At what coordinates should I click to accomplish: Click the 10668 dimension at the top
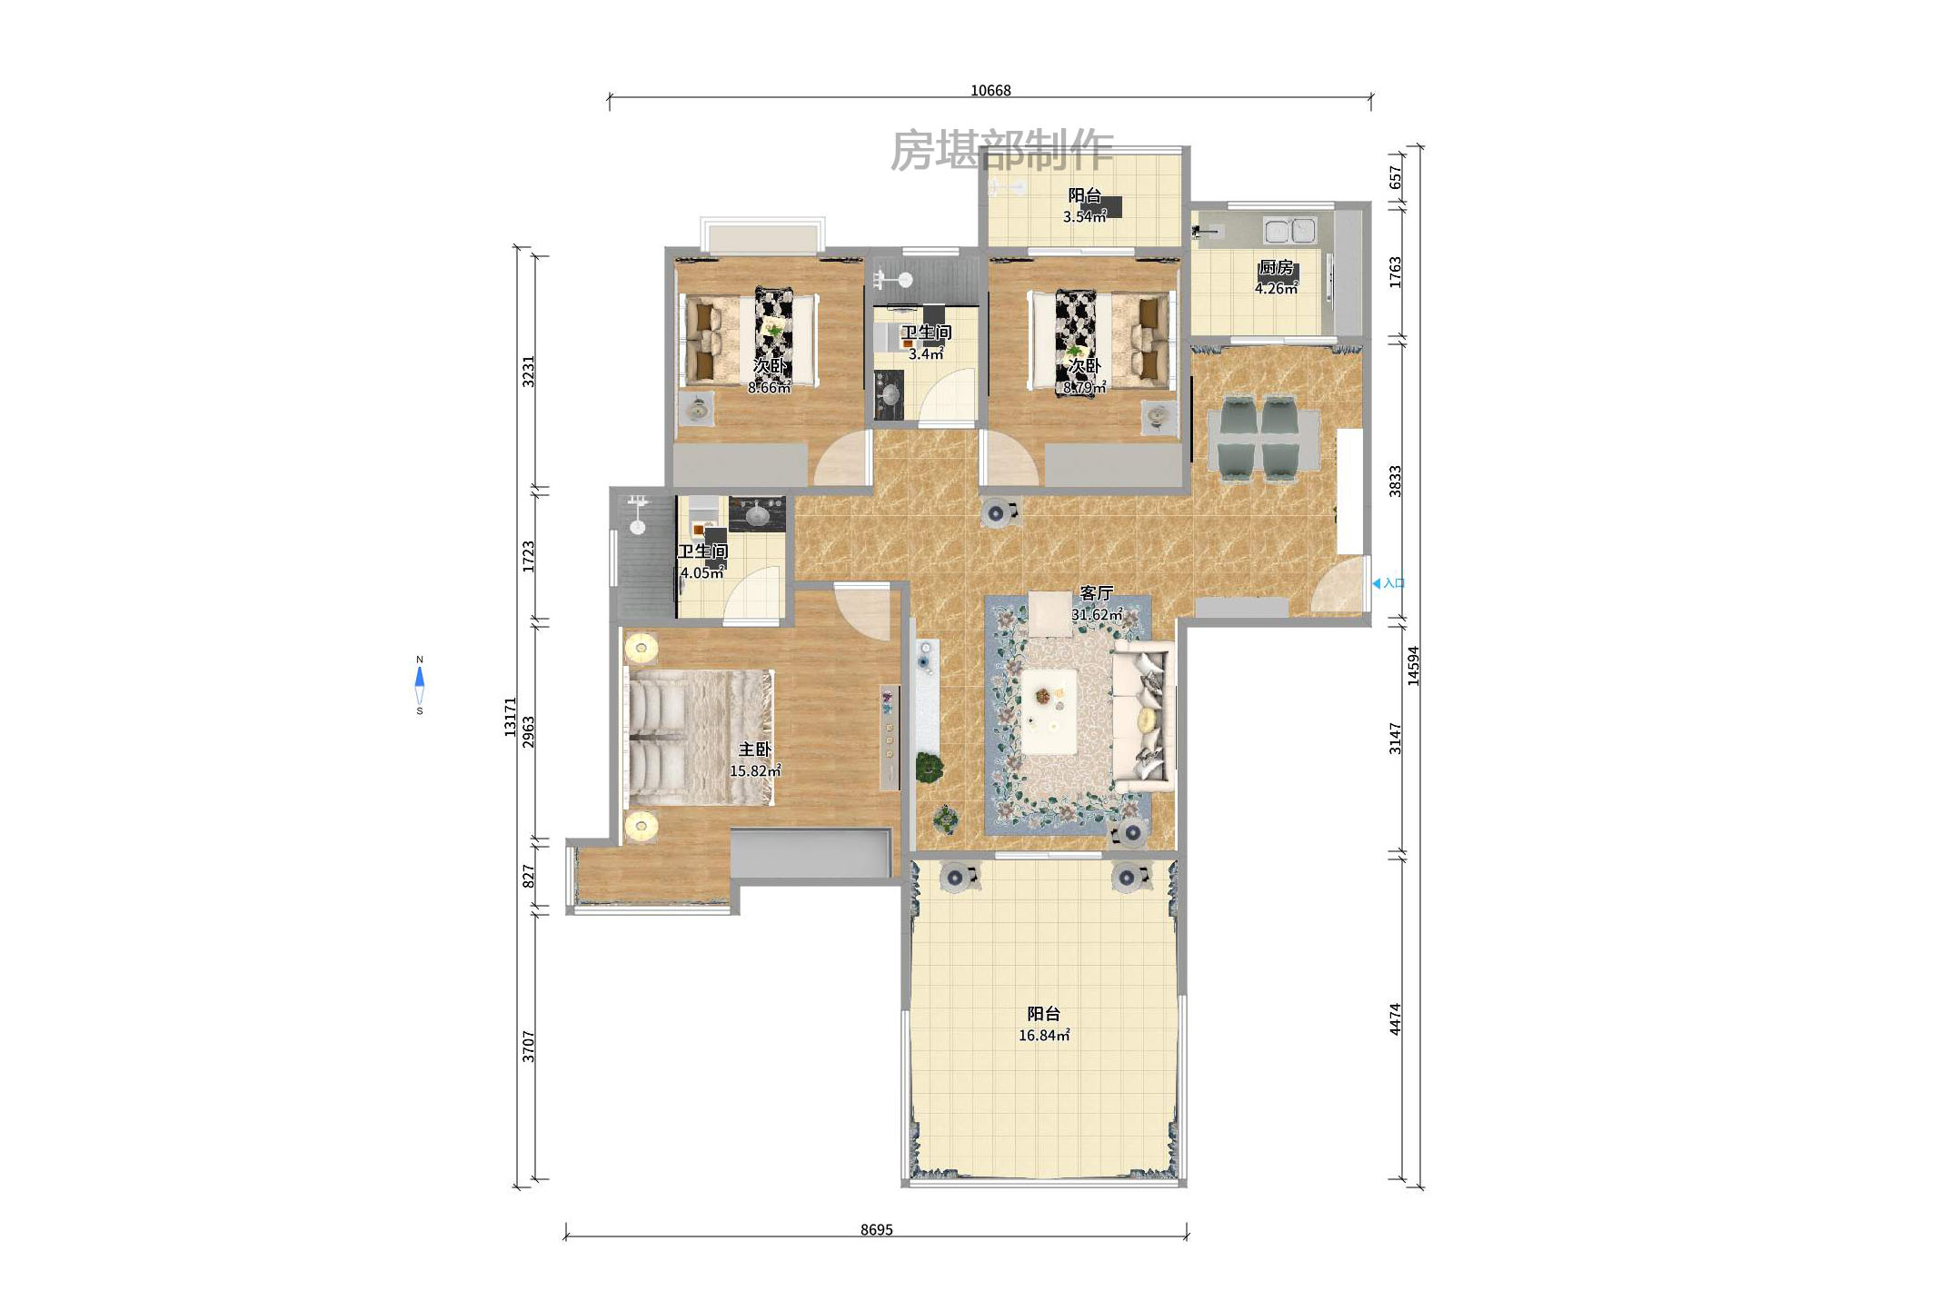coord(990,91)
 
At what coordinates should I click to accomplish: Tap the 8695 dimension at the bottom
coord(877,1230)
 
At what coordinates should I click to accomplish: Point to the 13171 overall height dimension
coord(511,717)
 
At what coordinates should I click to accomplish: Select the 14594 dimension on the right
coord(1413,665)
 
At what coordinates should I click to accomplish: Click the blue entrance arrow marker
coord(1377,583)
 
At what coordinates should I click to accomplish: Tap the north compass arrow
coord(420,677)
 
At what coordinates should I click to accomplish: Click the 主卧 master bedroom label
coord(754,750)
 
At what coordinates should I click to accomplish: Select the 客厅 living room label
coord(1097,593)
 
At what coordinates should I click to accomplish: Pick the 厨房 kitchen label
coord(1276,267)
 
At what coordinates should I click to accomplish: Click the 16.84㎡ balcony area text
coord(1044,1035)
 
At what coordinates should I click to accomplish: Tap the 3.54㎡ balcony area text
coord(1085,216)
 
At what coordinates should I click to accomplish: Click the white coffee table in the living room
coord(1049,711)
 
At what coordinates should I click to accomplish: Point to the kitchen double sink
coord(1290,230)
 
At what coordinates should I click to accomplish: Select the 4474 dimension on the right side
coord(1395,1019)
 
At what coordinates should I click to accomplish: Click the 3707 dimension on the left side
coord(529,1047)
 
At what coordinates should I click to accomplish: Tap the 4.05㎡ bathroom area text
coord(702,572)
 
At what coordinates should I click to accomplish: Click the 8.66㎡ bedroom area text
coord(769,387)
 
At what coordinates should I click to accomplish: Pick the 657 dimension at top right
coord(1396,177)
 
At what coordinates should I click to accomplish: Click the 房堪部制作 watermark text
coord(1001,150)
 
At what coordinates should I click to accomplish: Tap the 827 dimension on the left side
coord(529,876)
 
